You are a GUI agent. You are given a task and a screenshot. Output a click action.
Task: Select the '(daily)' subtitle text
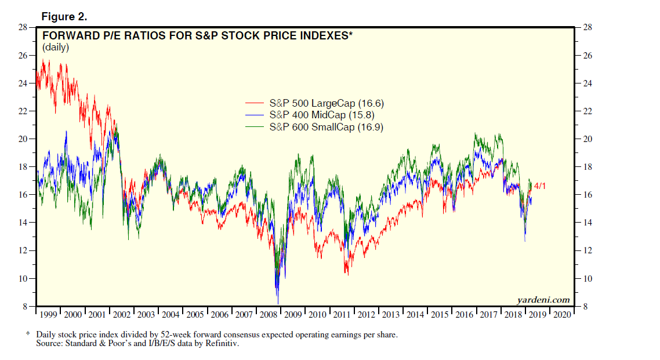[56, 48]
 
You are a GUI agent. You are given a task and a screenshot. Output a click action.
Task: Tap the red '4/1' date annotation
[540, 186]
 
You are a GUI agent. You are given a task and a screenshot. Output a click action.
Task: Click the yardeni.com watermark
[543, 300]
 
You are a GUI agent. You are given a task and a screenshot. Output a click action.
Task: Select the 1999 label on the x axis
[48, 315]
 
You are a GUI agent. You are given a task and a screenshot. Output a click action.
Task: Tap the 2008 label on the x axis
[269, 315]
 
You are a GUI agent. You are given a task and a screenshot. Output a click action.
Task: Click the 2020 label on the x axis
[562, 315]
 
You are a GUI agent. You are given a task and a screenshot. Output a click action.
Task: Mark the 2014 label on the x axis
[415, 315]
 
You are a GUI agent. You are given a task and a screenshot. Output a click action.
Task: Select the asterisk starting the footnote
[27, 334]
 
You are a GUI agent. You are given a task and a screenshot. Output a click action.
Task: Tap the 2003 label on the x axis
[146, 315]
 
